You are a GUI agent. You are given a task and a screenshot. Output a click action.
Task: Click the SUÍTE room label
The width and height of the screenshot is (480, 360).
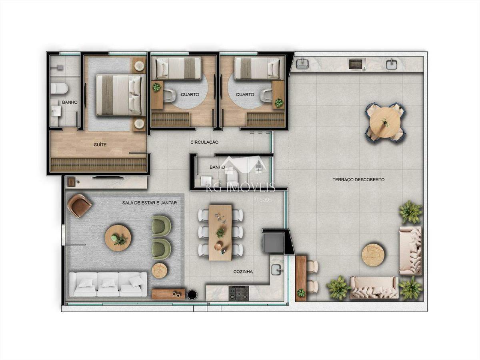tap(100, 145)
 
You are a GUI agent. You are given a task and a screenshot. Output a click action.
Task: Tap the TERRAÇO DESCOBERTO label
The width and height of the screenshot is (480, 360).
tap(358, 180)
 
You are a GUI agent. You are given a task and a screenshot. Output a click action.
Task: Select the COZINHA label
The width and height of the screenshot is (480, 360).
tap(243, 272)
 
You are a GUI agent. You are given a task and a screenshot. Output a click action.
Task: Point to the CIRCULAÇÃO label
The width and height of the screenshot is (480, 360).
tap(204, 142)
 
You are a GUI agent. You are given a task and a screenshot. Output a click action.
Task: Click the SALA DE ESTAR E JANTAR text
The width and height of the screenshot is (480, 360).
tap(150, 203)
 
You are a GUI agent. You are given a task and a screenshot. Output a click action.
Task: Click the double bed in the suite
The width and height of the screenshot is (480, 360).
tap(118, 95)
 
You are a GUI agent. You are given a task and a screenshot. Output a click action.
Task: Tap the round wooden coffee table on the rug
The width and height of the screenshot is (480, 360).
tap(118, 238)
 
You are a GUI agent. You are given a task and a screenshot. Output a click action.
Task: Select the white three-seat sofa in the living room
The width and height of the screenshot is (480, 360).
tap(108, 284)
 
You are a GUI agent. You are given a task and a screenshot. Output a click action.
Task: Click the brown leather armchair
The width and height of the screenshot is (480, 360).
tap(79, 205)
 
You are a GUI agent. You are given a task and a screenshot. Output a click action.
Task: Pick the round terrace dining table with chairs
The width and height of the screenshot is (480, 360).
tap(385, 122)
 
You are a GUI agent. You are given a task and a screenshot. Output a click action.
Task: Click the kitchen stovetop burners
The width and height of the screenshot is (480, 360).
tap(238, 293)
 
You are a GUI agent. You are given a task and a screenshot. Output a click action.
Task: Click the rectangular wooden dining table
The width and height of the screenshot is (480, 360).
tap(220, 232)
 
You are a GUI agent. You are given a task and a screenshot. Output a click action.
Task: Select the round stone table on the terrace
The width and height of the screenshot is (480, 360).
tap(373, 255)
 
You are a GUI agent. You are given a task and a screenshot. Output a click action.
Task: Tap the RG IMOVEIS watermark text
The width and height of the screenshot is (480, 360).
tap(240, 187)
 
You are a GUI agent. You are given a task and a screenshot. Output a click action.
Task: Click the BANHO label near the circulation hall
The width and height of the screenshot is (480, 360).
tap(216, 167)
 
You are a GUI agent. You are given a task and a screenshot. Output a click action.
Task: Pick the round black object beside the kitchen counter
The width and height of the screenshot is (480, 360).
tap(192, 295)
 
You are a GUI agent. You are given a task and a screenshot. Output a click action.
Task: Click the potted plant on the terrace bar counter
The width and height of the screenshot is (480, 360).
tap(301, 293)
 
